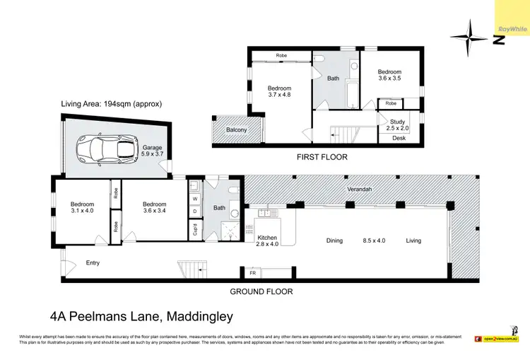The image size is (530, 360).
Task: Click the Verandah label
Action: pyautogui.click(x=360, y=190)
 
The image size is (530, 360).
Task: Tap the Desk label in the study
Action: pyautogui.click(x=399, y=139)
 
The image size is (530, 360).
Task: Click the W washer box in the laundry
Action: pyautogui.click(x=195, y=199)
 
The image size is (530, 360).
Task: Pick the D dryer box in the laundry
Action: pyautogui.click(x=195, y=211)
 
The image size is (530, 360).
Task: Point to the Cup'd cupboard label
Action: pyautogui.click(x=195, y=230)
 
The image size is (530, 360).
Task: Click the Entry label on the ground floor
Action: pyautogui.click(x=93, y=263)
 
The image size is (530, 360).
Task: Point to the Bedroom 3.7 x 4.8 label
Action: pyautogui.click(x=279, y=93)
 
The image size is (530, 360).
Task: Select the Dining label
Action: pyautogui.click(x=334, y=240)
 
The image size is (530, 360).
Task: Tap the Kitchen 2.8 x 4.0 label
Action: pyautogui.click(x=267, y=241)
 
